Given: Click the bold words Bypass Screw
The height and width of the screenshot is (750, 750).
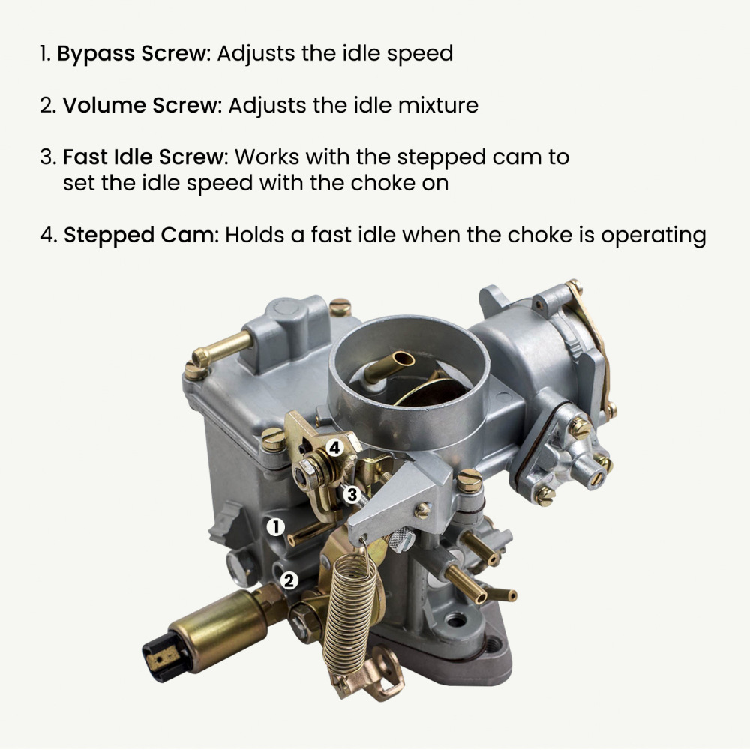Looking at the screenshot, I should (x=133, y=54).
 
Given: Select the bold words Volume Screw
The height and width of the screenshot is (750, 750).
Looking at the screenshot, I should (x=139, y=105).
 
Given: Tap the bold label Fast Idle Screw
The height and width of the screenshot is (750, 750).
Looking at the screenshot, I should (x=144, y=157).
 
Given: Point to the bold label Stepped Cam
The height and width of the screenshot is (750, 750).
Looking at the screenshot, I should (x=139, y=235).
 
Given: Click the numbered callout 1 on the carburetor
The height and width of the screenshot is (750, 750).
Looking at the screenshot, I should (x=276, y=527).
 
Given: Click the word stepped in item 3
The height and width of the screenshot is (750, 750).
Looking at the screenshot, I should (x=430, y=157).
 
